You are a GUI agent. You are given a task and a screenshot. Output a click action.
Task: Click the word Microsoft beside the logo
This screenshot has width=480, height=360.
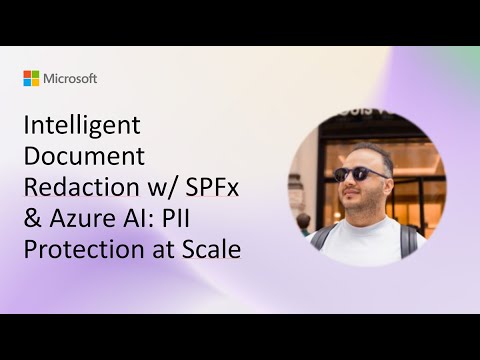[70, 78]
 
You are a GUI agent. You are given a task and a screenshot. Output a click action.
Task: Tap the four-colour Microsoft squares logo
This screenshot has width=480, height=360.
[31, 78]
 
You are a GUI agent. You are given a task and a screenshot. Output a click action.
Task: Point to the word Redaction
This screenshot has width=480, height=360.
[72, 187]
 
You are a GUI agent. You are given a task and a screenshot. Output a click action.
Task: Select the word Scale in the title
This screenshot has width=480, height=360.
[211, 248]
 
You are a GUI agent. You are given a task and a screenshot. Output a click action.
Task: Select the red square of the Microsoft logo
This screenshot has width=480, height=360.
[27, 74]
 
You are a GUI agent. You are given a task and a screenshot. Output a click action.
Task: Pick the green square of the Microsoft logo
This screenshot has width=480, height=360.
[35, 74]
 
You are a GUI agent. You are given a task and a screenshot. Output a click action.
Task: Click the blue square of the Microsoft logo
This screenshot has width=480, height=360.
[27, 82]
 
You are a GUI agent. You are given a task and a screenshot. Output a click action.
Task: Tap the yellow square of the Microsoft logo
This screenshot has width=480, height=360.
[35, 82]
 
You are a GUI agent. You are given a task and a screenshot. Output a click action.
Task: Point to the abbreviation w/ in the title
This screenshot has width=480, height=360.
[159, 187]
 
